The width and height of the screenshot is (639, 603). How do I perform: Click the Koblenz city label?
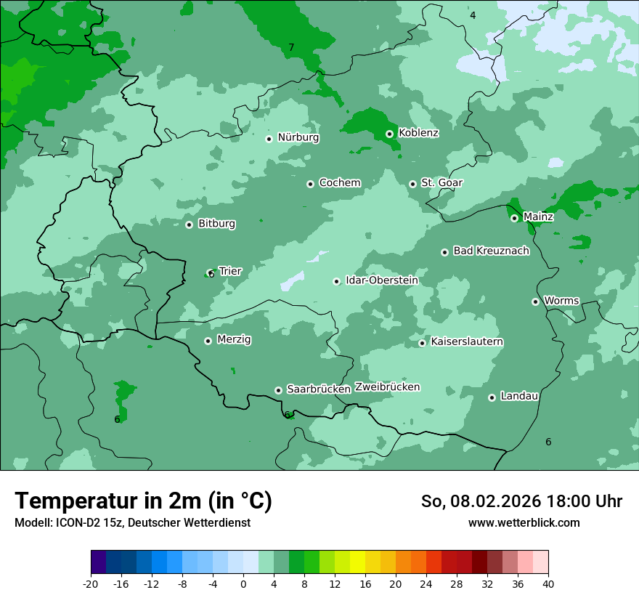pos(418,133)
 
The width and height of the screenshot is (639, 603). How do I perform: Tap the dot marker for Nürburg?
pos(269,139)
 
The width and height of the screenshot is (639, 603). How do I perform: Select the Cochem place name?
pos(339,183)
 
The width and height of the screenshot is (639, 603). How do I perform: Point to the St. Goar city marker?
pos(412,184)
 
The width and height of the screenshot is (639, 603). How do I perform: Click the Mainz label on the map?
pos(538,216)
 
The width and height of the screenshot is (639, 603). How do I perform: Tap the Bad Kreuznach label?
pos(491,251)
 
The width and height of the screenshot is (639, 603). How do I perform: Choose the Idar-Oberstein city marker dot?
pos(336,281)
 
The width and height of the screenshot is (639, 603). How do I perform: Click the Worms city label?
pos(561,301)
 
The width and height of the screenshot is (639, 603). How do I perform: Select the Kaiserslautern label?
pos(467,341)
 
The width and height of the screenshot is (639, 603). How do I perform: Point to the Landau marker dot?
pos(492,397)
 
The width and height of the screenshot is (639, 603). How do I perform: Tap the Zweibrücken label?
pos(387,387)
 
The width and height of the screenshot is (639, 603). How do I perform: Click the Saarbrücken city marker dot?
pos(278,390)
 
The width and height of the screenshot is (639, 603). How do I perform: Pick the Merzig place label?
pos(234,339)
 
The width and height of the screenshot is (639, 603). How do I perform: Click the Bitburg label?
pos(216,224)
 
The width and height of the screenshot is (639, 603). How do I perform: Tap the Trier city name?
pos(230,272)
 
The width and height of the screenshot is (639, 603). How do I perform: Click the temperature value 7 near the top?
pos(291,48)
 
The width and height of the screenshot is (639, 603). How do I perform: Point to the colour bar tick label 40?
pos(548,583)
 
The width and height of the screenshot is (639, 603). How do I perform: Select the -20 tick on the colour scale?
pos(91,583)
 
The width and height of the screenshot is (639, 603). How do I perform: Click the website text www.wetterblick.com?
pos(524,523)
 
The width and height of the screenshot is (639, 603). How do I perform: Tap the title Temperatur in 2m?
pos(143,501)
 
